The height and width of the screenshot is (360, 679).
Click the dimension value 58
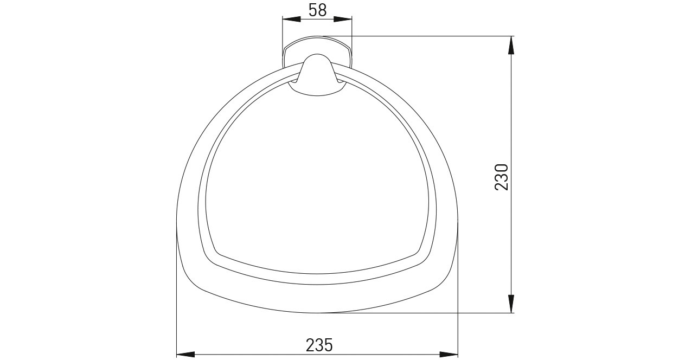coord(317,10)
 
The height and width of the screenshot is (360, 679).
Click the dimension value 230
coord(501,177)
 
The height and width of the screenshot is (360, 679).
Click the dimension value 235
coord(319,345)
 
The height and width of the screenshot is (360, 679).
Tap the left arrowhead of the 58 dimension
coord(291,19)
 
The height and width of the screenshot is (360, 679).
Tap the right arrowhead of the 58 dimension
coord(343,19)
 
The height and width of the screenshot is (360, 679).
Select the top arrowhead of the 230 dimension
coord(511,46)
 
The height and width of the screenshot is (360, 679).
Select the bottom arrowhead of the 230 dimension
coord(511,304)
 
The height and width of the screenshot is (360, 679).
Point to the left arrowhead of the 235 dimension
coord(185,354)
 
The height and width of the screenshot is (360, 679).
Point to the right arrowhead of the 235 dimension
coord(449,354)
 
